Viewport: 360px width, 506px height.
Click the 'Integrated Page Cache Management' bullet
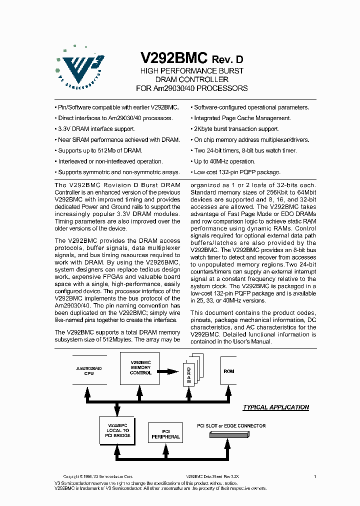[x=241, y=118]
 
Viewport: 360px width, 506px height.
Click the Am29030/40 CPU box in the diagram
[x=89, y=370]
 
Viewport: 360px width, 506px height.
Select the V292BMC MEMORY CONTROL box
[x=140, y=367]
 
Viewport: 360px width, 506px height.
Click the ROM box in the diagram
[x=229, y=371]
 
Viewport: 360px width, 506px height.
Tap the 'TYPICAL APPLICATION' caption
[x=275, y=407]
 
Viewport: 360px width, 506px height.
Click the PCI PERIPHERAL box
[x=165, y=433]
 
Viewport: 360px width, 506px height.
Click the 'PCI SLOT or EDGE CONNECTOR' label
[x=231, y=426]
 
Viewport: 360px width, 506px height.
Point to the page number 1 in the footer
[x=315, y=477]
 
